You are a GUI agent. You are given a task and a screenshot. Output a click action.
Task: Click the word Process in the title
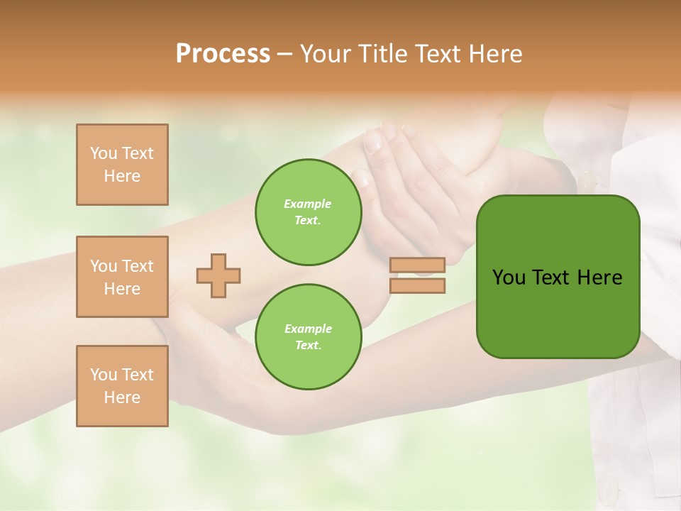coord(223,54)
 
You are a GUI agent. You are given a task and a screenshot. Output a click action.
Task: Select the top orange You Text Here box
coord(122,165)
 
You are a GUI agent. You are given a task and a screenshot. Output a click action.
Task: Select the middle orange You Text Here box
coord(122,277)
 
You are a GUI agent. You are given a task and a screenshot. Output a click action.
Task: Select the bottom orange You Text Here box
coord(122,386)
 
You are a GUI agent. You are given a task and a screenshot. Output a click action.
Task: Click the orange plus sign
coord(218,275)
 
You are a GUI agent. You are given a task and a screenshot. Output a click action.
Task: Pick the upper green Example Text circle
coord(308,212)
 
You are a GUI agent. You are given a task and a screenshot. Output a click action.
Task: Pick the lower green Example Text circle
coord(308,337)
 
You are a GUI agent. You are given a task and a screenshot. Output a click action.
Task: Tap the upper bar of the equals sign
coord(417,265)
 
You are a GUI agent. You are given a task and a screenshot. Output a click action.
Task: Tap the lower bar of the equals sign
coord(417,285)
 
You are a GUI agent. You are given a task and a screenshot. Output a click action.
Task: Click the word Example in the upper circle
coord(308,204)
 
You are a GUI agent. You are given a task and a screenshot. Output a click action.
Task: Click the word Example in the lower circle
coord(308,329)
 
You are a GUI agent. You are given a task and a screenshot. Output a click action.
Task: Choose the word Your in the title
coord(327,54)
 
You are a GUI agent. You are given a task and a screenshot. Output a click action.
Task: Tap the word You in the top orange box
coord(104,153)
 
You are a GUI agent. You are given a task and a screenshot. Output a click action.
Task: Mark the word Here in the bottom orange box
coord(122,397)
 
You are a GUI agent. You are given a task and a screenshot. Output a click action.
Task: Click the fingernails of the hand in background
coord(374,141)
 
